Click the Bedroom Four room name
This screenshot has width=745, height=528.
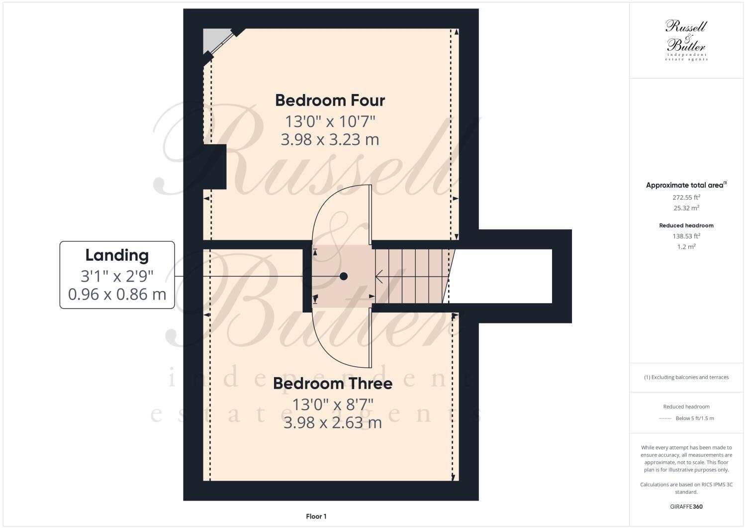point(330,101)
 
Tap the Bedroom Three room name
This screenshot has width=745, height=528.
point(332,384)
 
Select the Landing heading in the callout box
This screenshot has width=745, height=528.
point(117,255)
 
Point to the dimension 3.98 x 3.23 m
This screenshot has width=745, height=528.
point(330,140)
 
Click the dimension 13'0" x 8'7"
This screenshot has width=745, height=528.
point(332,404)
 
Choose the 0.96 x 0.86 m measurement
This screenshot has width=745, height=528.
point(117,295)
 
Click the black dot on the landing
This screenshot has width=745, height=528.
point(343,276)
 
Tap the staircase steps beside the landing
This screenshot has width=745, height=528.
point(413,276)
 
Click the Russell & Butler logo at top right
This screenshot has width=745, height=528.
point(686,40)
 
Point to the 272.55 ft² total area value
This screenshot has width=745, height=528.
point(686,197)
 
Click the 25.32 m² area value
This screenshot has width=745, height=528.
point(686,208)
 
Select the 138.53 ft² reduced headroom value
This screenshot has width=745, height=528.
point(686,236)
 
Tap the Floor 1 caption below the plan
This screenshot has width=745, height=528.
point(316,517)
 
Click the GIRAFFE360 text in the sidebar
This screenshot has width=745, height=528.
point(686,507)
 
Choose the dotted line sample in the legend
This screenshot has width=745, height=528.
point(665,419)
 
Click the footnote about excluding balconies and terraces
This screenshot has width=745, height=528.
point(686,377)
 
